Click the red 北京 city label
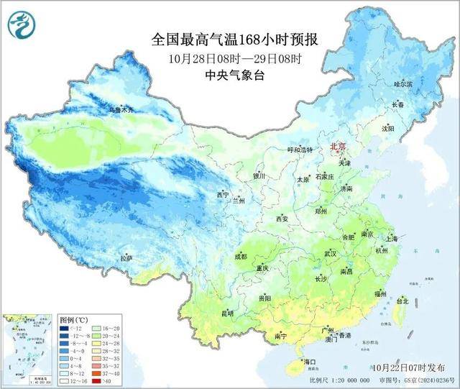(x=336, y=146)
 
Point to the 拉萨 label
(x=126, y=257)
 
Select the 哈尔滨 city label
(x=404, y=84)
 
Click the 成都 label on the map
(x=239, y=256)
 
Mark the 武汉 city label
(x=331, y=254)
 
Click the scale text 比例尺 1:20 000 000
(x=338, y=379)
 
